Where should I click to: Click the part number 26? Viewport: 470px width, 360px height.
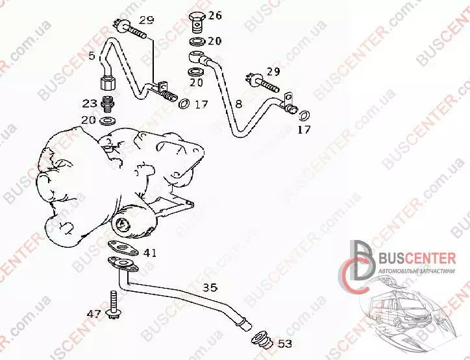click(x=215, y=16)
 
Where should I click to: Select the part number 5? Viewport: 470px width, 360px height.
click(x=92, y=55)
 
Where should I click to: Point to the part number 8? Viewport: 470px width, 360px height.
click(x=238, y=104)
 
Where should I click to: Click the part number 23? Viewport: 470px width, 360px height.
click(x=90, y=104)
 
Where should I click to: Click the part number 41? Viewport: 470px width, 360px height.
click(x=150, y=254)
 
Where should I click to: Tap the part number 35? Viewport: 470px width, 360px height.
click(x=210, y=288)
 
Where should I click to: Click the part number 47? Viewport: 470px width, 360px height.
click(x=94, y=314)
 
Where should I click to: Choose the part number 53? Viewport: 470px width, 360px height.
click(x=285, y=344)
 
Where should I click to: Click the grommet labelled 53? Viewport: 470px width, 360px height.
click(x=262, y=339)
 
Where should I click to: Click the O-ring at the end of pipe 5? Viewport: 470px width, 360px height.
click(x=184, y=104)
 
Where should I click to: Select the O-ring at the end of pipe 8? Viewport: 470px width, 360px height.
click(x=305, y=116)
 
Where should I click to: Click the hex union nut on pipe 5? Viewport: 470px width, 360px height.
click(x=107, y=82)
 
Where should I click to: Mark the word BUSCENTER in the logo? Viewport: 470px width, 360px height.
click(x=417, y=258)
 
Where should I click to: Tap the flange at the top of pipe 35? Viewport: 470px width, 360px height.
click(x=123, y=264)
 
